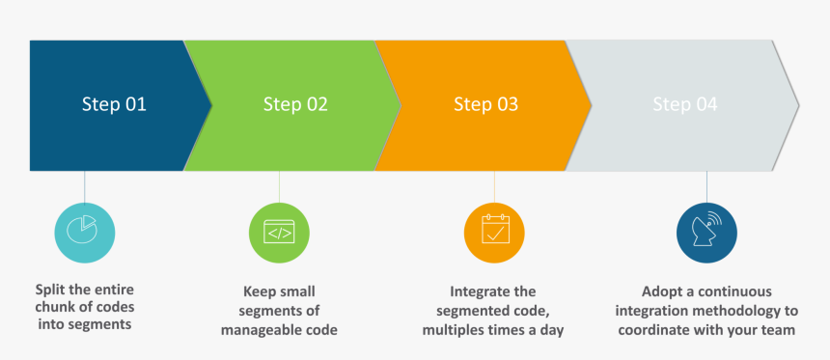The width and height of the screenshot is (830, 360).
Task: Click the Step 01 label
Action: click(x=114, y=104)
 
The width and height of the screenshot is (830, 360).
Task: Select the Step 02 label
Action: click(x=295, y=104)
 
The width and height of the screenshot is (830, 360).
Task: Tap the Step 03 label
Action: click(x=485, y=104)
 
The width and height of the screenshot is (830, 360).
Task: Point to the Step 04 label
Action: click(x=684, y=104)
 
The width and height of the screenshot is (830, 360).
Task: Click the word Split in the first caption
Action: click(x=52, y=290)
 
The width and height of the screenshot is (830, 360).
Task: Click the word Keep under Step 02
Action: click(x=261, y=291)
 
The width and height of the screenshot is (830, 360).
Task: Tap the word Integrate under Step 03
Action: click(x=481, y=291)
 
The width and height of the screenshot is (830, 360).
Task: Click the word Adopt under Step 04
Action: click(x=662, y=291)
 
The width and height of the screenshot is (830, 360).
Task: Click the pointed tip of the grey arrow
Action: click(x=797, y=104)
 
